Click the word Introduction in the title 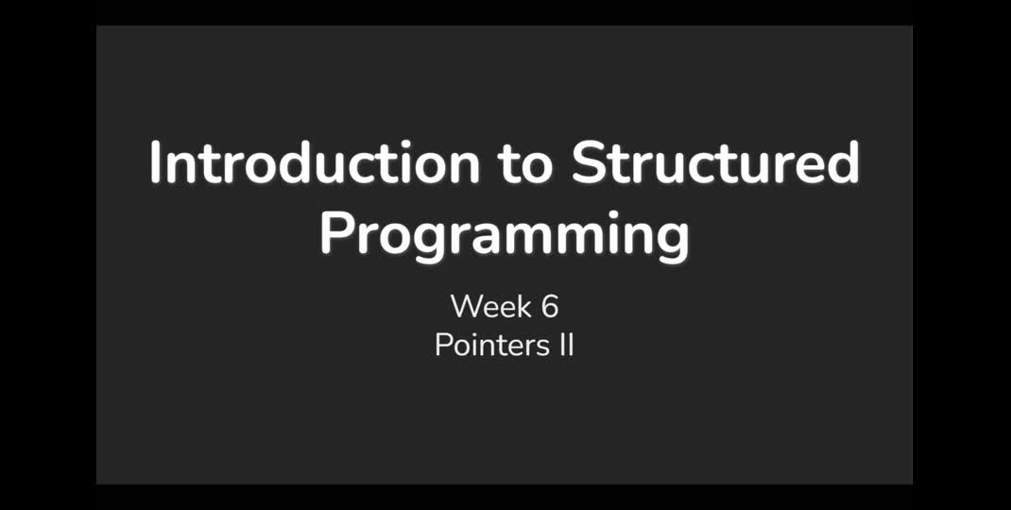(x=315, y=163)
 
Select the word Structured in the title (x=715, y=163)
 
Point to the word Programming (x=505, y=237)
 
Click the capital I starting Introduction (x=156, y=163)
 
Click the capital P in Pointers (x=442, y=345)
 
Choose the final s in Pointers (x=535, y=348)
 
